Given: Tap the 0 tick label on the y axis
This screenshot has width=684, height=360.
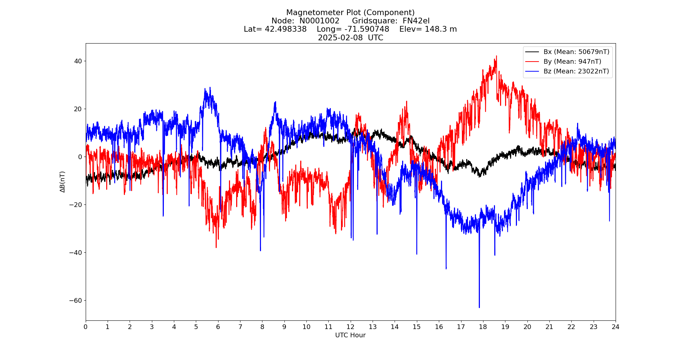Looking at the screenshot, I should coord(80,157).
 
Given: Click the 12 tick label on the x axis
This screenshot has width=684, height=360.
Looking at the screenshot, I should coord(350,327).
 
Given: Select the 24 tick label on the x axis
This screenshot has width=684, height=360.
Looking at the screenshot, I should coord(615,327).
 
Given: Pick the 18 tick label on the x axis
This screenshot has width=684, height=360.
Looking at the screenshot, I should coord(483,327).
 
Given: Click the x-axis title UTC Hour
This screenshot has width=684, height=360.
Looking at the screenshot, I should coord(350,335).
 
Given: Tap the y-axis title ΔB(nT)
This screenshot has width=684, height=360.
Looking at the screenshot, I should coord(63,182).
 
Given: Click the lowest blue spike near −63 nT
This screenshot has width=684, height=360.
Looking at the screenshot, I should coord(479,307).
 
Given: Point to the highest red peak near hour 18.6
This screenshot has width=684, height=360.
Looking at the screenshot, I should coord(496,57).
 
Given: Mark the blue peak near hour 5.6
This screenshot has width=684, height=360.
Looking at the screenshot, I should coord(210,87).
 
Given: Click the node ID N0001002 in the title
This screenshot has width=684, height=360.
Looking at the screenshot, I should coord(319,21).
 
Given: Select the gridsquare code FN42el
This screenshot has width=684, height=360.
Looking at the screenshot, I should coord(416,21).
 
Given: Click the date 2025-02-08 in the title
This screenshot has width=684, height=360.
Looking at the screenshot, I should coord(340,38).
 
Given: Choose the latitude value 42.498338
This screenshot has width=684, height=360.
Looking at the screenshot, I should coord(286,29).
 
